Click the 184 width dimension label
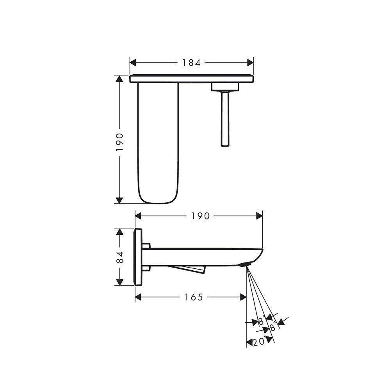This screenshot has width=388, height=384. tap(191, 63)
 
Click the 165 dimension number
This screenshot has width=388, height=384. tap(194, 297)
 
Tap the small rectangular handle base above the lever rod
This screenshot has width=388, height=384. tap(224, 87)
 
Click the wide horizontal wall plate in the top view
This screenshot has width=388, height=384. tap(191, 79)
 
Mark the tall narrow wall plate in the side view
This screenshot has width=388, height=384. tap(138, 257)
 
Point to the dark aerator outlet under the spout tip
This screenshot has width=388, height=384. tap(244, 266)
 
